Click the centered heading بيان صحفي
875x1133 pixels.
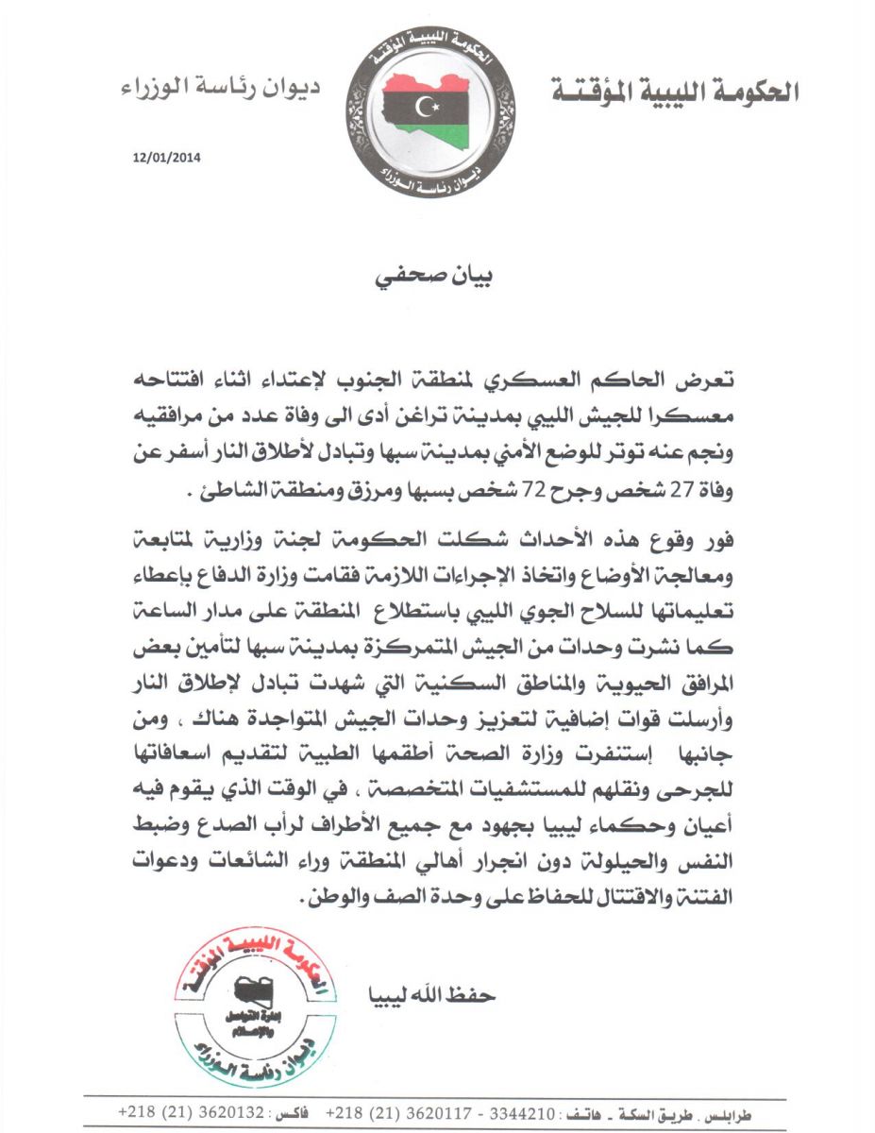437,279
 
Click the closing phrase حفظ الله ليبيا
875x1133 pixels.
435,996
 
